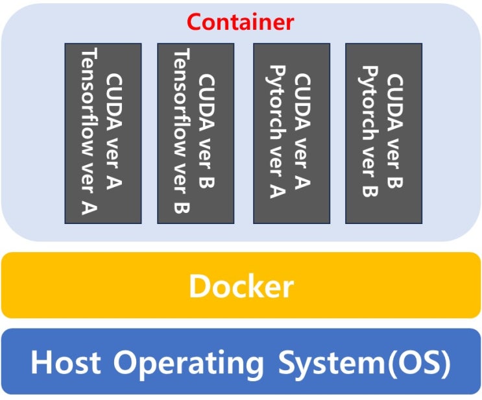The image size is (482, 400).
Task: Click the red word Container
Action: [241, 22]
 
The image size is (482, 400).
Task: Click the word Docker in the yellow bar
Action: [241, 286]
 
